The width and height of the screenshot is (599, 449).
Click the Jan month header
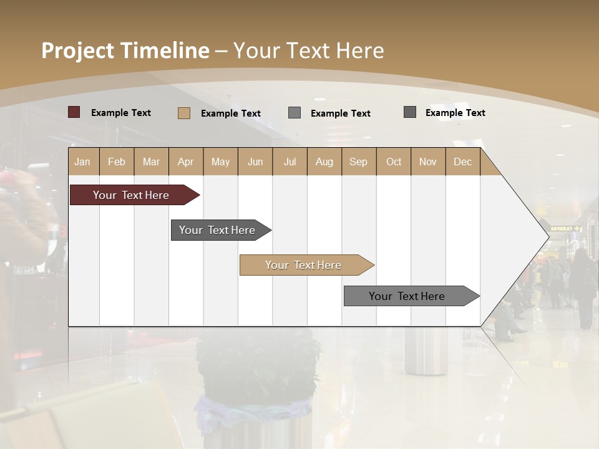83,162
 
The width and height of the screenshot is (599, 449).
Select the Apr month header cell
186,162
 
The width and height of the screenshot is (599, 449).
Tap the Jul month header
290,162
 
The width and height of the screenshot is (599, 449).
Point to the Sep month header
358,162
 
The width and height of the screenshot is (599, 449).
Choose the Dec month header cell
462,162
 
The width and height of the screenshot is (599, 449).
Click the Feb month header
117,162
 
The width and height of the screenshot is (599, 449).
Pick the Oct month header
394,162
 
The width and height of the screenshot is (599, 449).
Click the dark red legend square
74,112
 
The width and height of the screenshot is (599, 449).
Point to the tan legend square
184,113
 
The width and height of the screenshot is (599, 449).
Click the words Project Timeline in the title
125,51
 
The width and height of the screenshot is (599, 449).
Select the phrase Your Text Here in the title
309,51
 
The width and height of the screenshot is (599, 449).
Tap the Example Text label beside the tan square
231,113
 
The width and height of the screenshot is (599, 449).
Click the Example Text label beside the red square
121,113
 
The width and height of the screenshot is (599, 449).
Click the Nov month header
428,162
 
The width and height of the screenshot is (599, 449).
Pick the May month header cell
220,162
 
